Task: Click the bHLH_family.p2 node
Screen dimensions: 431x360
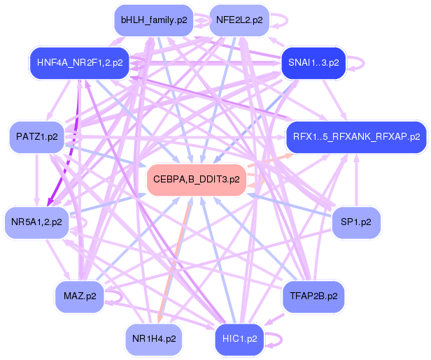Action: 153,20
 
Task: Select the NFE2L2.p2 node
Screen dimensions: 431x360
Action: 239,20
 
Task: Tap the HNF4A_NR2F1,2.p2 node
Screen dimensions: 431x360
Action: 77,62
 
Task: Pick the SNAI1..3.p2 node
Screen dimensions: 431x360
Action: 313,62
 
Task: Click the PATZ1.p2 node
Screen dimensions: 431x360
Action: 36,137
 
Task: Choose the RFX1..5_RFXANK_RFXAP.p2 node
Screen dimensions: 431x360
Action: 356,136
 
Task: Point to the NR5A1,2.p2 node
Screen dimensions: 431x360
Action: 36,222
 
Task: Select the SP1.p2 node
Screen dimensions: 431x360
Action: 356,222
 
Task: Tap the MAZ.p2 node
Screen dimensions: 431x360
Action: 78,296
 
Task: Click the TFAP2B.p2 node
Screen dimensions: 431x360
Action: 313,296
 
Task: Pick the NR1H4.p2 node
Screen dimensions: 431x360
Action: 153,339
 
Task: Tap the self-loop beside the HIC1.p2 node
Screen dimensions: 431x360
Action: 280,340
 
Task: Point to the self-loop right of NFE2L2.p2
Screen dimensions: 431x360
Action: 281,20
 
